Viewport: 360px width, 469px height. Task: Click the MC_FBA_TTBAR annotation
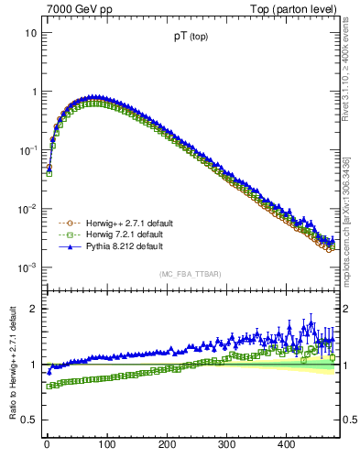[190, 275]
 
